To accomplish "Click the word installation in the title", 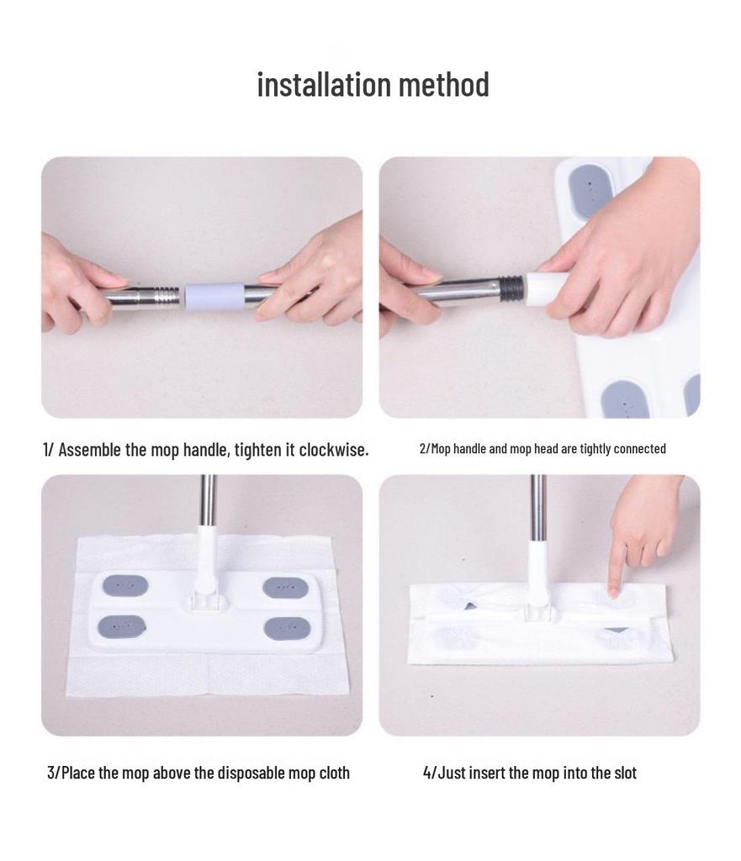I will click(324, 85).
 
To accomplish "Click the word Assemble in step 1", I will click(90, 450).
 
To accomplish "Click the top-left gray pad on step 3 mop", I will click(124, 585).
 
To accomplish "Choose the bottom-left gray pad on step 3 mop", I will click(123, 626).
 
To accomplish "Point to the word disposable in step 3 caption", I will click(251, 773).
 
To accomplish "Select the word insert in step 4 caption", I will click(487, 773).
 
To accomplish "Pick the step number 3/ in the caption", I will click(53, 773).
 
